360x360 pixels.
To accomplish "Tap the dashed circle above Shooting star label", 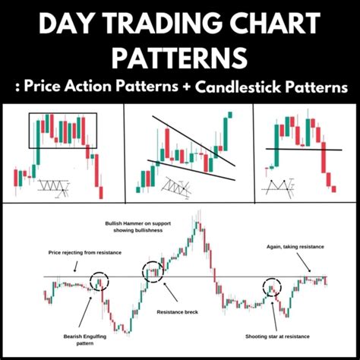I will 272,289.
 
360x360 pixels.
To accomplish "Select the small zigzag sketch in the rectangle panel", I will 54,185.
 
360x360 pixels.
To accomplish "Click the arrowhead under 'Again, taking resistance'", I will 309,271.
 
